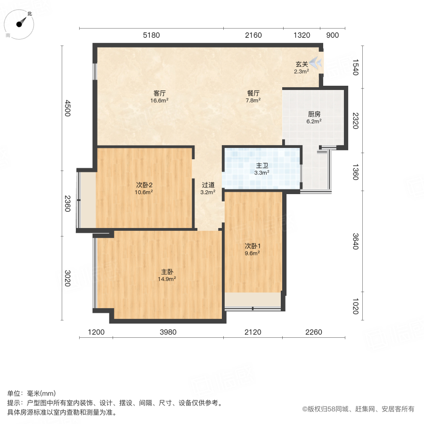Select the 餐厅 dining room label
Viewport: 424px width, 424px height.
click(x=253, y=93)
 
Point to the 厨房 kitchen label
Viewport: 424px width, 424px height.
click(x=314, y=114)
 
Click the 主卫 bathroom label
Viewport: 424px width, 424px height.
click(x=262, y=166)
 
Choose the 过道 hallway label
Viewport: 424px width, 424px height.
click(x=208, y=185)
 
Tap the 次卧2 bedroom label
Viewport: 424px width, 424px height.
click(x=144, y=185)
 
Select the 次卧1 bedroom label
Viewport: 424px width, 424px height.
click(x=253, y=246)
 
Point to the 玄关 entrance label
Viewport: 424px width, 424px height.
click(x=302, y=64)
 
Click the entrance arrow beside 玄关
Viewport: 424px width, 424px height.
click(x=317, y=62)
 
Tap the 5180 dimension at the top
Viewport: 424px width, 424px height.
click(x=152, y=35)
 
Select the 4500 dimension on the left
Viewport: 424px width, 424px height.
click(x=68, y=108)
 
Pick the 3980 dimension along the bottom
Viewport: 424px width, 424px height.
click(x=168, y=332)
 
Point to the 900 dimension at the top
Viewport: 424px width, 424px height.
click(x=332, y=35)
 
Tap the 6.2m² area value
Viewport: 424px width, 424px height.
click(x=314, y=121)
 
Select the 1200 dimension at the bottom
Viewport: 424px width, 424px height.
click(x=96, y=332)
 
